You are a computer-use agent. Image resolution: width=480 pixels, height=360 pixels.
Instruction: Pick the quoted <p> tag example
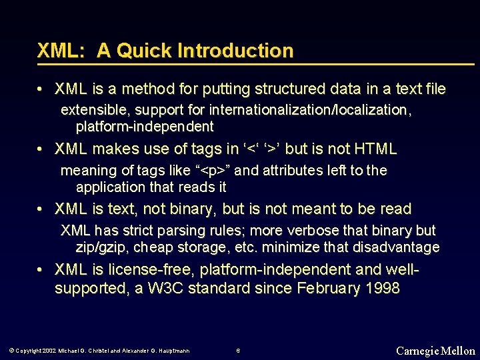pyautogui.click(x=211, y=171)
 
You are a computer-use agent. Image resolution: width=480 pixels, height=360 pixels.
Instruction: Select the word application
pyautogui.click(x=110, y=187)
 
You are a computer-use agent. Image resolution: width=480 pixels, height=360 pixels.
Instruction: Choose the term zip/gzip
pyautogui.click(x=100, y=248)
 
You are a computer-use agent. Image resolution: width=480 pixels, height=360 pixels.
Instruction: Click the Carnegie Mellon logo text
pyautogui.click(x=435, y=351)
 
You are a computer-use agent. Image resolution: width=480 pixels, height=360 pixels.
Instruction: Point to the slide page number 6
pyautogui.click(x=238, y=351)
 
